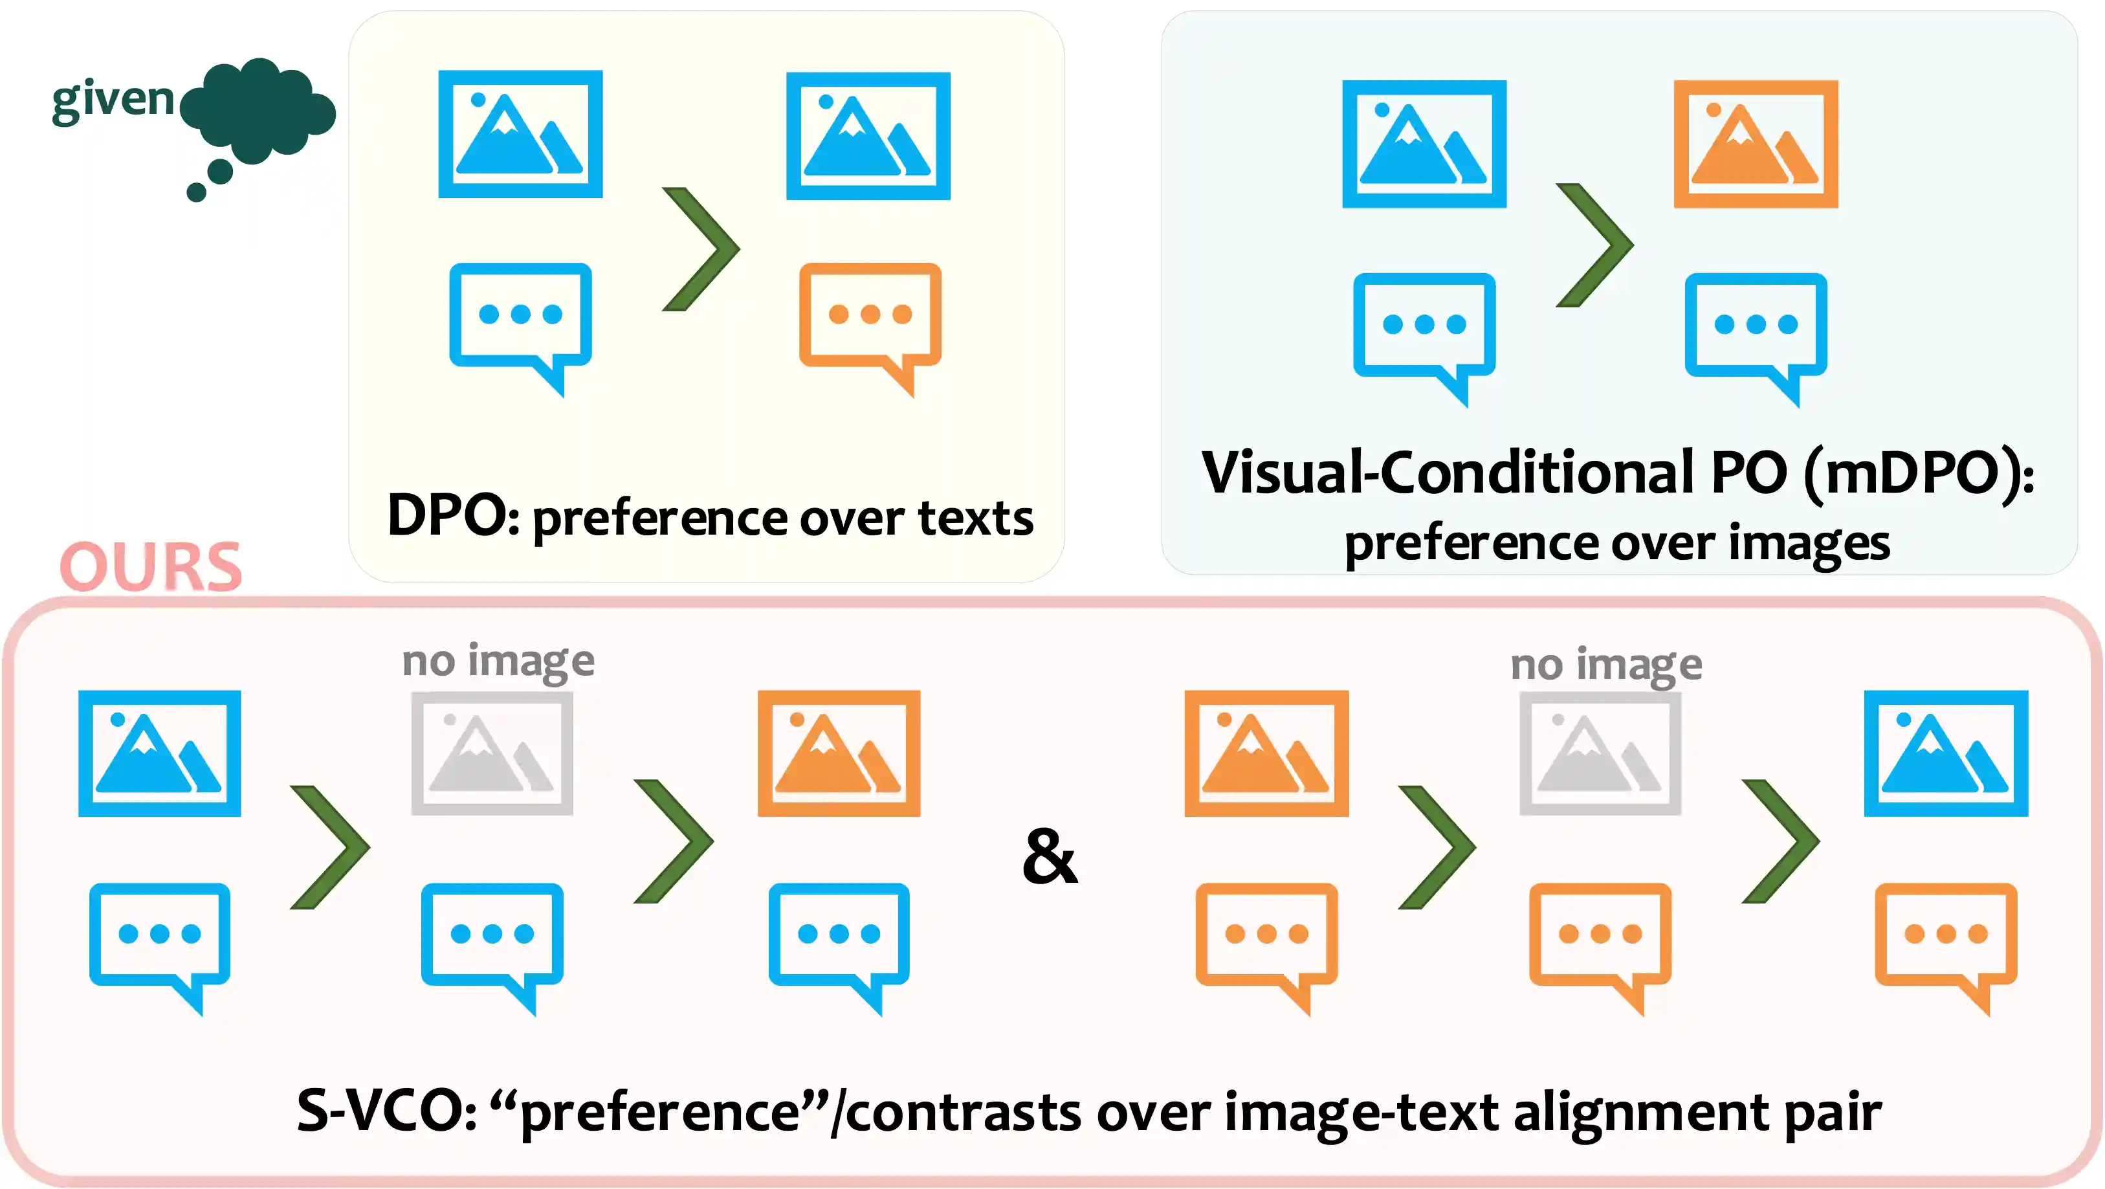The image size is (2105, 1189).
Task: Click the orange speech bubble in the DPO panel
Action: click(x=870, y=320)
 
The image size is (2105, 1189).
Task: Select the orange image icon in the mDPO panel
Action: click(x=1756, y=144)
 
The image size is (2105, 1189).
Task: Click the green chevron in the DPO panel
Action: click(x=701, y=249)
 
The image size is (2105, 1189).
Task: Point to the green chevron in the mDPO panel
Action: click(x=1594, y=245)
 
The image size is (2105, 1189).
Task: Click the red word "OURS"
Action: click(x=151, y=566)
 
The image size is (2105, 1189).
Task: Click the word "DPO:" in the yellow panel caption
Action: click(x=454, y=517)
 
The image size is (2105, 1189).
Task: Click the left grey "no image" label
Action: click(x=498, y=660)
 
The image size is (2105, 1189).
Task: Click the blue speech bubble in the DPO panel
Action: click(x=520, y=320)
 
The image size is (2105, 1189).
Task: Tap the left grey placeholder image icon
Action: click(x=492, y=753)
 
